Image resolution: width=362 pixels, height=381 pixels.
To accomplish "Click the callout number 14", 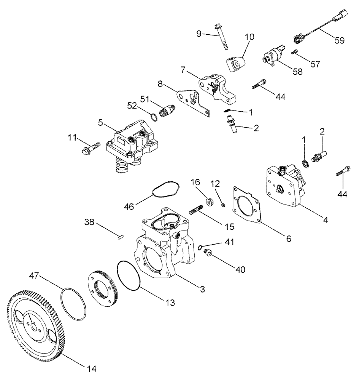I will tap(91, 368).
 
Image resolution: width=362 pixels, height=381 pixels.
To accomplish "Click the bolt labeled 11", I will tap(90, 148).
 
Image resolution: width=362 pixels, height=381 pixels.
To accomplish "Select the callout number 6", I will tap(288, 239).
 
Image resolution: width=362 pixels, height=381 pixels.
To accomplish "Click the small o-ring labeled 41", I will tap(200, 248).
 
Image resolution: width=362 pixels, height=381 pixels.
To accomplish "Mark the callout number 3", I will tap(203, 289).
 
